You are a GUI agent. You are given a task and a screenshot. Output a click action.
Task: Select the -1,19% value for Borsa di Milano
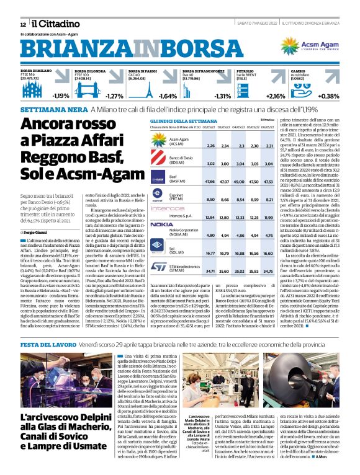tap(61, 96)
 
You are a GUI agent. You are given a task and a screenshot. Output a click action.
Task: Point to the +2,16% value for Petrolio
tap(276, 96)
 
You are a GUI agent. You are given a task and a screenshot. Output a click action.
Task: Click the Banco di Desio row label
tap(180, 162)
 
